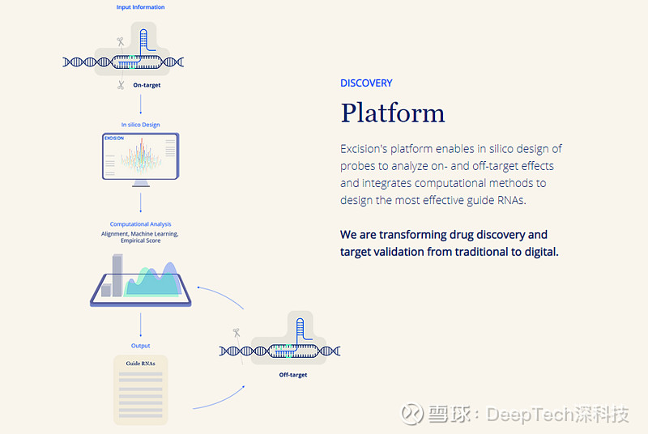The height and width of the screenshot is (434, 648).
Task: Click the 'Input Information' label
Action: (140, 7)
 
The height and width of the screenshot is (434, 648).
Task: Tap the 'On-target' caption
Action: (147, 84)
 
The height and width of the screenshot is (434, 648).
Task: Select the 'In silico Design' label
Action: (140, 125)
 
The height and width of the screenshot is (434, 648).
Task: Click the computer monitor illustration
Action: (140, 157)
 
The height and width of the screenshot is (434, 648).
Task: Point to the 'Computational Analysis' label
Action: (140, 224)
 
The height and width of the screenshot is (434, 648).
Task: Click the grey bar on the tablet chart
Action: (117, 275)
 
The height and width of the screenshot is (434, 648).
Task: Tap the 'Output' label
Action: (140, 346)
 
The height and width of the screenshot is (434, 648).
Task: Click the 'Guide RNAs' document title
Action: (140, 364)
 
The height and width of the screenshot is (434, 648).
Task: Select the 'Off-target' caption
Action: (292, 375)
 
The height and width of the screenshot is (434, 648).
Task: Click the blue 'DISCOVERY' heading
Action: (366, 83)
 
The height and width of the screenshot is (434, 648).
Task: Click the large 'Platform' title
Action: (392, 113)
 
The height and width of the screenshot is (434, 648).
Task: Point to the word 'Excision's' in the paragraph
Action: (367, 149)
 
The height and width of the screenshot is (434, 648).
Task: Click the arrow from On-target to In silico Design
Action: (140, 104)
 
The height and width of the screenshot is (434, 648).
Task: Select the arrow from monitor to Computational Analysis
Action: (140, 202)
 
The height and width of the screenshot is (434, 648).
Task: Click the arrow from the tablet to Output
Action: (140, 325)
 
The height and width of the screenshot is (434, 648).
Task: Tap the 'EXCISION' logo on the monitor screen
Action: (113, 138)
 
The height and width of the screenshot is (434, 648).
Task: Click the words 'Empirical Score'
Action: (140, 240)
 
